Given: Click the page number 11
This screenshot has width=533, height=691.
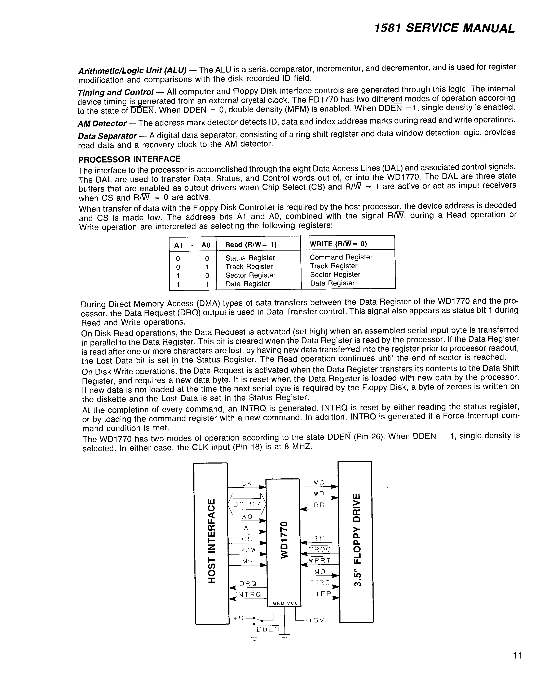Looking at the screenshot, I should pos(517,655).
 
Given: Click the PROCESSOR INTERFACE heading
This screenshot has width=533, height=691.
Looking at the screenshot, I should pos(129,159).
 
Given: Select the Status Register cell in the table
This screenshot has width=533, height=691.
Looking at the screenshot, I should pos(250,258).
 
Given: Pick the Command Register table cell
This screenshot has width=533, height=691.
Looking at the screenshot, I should pos(341,257).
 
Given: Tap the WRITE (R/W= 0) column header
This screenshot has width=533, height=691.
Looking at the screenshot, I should pos(338,244).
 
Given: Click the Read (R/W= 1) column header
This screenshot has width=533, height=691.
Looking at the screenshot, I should pos(251,245).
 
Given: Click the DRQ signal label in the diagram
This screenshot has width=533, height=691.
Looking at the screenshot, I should pos(248,583).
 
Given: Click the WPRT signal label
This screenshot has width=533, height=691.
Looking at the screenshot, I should pos(320,560).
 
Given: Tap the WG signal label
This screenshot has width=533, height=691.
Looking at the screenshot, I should pos(319,483).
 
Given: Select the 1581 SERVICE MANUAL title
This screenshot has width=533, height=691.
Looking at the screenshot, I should pos(444,28).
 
